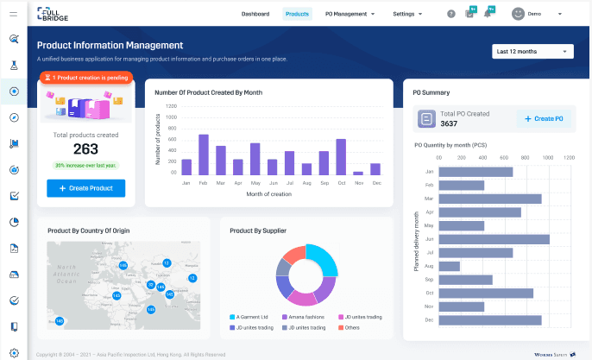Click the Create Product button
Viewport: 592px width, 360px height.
tap(85, 188)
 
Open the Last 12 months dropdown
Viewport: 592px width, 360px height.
tap(532, 52)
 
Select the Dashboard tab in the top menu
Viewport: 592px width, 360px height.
tap(255, 14)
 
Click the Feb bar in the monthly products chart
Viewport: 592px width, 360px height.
tap(204, 155)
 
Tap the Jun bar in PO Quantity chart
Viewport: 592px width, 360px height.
tap(494, 238)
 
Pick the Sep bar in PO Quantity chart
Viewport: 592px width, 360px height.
tap(465, 279)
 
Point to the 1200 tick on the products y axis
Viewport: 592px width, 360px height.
tap(171, 107)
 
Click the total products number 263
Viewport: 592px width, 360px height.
tap(85, 149)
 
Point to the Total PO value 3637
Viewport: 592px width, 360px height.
tap(455, 123)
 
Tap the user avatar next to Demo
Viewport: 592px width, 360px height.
tap(518, 14)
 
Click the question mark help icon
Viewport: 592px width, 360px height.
tap(450, 14)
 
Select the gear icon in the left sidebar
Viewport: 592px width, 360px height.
tap(14, 353)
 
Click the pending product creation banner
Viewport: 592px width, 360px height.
tap(85, 78)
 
